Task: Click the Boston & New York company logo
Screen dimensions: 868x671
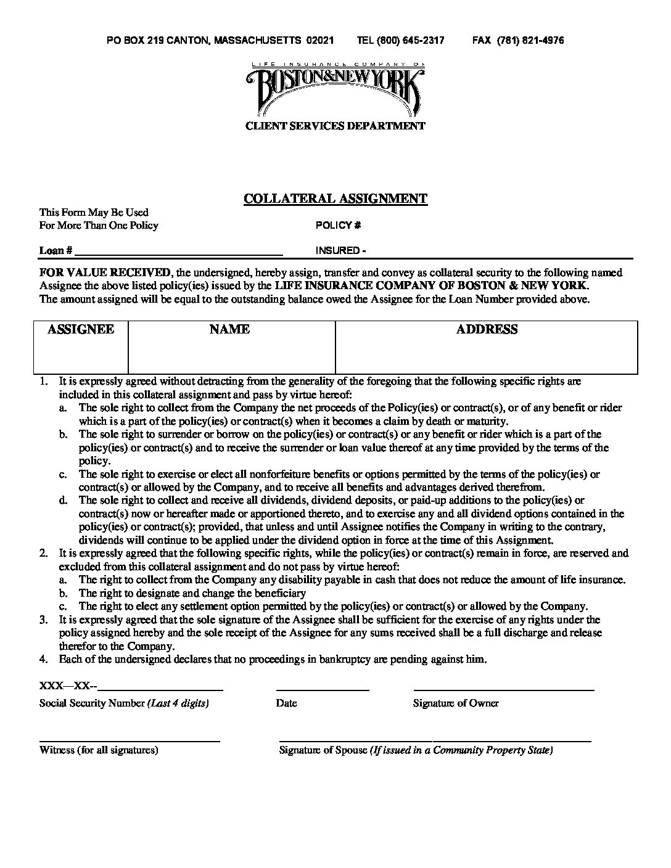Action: (x=335, y=89)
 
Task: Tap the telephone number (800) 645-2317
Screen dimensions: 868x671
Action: (x=401, y=41)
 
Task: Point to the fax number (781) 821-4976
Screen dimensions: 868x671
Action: (x=518, y=41)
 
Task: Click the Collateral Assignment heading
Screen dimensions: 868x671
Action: (x=335, y=199)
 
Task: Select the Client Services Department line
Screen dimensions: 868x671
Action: (x=335, y=126)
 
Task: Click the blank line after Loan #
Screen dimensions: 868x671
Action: (x=179, y=253)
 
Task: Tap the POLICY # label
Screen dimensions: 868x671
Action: (x=338, y=226)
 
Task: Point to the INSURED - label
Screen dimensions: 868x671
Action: (x=341, y=251)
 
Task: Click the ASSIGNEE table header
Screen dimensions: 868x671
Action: (x=81, y=330)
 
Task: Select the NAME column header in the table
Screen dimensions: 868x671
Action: (x=229, y=330)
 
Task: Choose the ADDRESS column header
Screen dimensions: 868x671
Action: (x=487, y=330)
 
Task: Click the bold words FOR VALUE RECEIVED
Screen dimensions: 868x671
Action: (x=105, y=272)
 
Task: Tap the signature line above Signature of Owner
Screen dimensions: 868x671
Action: (x=504, y=689)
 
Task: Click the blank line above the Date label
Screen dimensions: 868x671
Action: (x=323, y=689)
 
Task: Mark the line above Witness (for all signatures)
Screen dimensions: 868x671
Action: (x=130, y=740)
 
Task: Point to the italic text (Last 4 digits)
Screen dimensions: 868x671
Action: (x=178, y=703)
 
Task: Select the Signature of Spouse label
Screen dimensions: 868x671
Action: (x=323, y=750)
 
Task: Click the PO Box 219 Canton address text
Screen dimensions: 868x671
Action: (x=220, y=41)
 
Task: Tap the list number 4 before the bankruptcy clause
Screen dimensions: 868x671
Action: (x=43, y=660)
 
